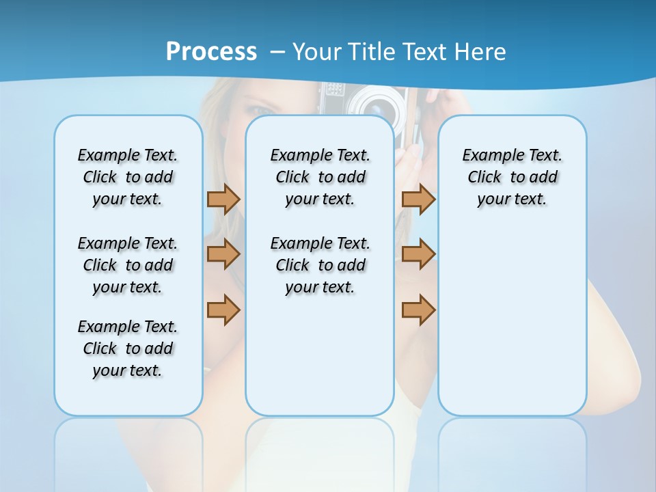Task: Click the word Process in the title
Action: click(x=211, y=51)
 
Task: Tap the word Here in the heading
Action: click(x=481, y=51)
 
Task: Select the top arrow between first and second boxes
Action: click(x=223, y=199)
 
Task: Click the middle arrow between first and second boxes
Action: click(x=223, y=254)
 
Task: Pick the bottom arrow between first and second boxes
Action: click(x=223, y=310)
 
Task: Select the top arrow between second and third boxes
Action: click(x=418, y=199)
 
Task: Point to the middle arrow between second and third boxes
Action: click(x=418, y=254)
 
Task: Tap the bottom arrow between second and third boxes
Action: click(x=418, y=310)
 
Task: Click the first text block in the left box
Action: click(x=128, y=177)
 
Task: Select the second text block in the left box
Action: click(x=128, y=265)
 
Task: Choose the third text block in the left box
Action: click(x=128, y=348)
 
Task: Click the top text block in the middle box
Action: click(x=320, y=177)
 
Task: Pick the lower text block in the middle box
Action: click(x=320, y=265)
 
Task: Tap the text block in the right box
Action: click(x=512, y=177)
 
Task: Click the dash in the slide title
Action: click(x=277, y=52)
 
